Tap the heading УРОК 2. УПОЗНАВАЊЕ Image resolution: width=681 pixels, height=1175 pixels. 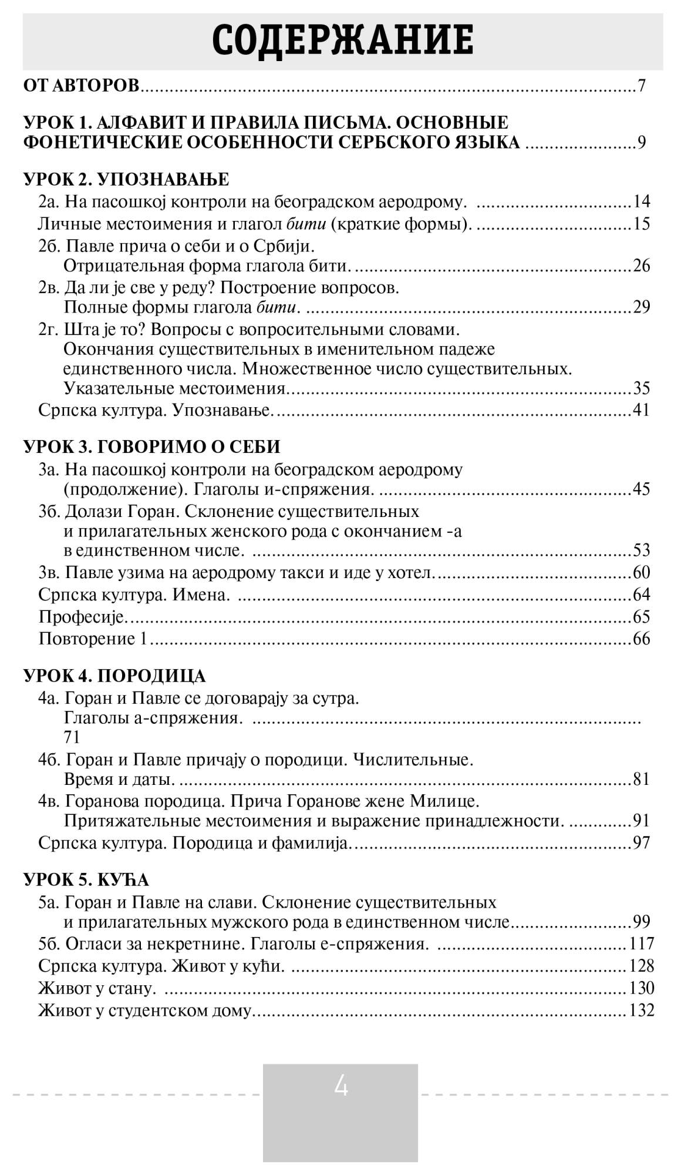click(x=126, y=179)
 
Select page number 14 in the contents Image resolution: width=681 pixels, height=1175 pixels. click(x=641, y=202)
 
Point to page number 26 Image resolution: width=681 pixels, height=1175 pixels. click(x=641, y=266)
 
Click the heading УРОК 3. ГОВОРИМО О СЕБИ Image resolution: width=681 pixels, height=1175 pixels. click(x=152, y=446)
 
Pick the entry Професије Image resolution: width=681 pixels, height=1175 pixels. click(x=83, y=617)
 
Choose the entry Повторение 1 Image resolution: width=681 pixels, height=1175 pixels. click(x=93, y=639)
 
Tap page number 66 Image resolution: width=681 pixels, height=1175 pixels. click(x=641, y=639)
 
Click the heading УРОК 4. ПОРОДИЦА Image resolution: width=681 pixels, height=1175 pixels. click(x=115, y=676)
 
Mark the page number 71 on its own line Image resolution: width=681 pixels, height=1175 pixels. click(x=72, y=737)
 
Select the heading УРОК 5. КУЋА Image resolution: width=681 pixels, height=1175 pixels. click(x=86, y=879)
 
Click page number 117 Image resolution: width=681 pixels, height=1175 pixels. click(x=641, y=944)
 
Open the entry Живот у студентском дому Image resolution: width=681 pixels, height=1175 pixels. click(x=145, y=1010)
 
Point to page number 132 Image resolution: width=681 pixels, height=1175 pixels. click(x=641, y=1010)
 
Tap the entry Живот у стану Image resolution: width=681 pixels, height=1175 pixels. click(x=97, y=988)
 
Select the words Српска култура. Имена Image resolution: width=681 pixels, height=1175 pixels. click(x=134, y=595)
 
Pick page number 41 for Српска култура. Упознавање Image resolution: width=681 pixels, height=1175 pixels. click(x=641, y=409)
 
